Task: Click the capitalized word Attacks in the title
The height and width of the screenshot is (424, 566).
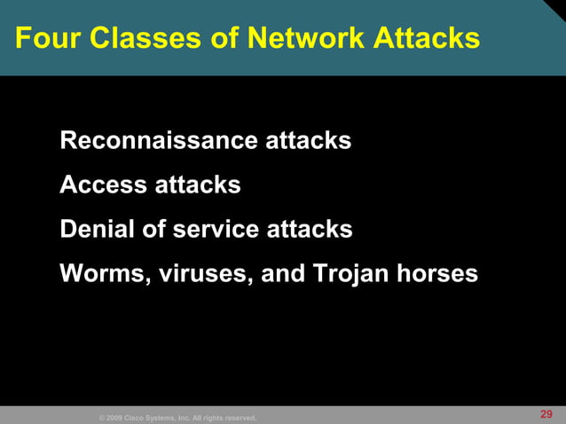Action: point(427,38)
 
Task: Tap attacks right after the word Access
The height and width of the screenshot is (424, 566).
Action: point(196,185)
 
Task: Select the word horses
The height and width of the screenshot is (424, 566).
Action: point(437,273)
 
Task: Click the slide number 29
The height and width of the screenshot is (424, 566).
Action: point(546,414)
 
